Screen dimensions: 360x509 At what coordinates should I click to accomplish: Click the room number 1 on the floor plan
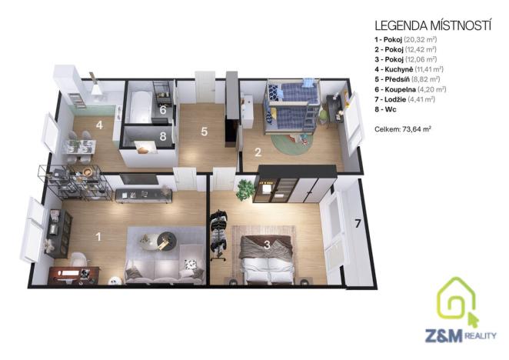pos(98,236)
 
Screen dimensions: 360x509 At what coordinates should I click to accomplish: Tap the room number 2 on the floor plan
pos(259,152)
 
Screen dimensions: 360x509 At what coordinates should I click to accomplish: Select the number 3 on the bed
pos(266,246)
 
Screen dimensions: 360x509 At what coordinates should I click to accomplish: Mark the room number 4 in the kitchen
pos(99,124)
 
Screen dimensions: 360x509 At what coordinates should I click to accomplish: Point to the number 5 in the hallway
pos(204,132)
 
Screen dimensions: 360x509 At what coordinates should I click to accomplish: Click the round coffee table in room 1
pos(163,241)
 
